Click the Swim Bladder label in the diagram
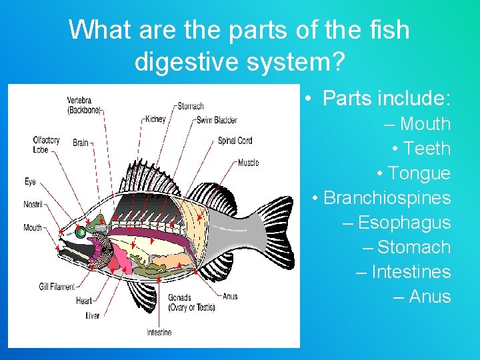[217, 120]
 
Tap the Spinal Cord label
[235, 141]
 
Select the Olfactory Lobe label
[46, 144]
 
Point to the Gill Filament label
[57, 287]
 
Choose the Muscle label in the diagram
[248, 163]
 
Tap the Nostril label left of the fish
[33, 204]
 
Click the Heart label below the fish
[84, 301]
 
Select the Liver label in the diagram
[92, 315]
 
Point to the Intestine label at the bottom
[159, 332]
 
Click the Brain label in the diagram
[80, 143]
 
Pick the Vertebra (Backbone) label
[83, 105]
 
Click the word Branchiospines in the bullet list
[387, 198]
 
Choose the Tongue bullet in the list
[419, 173]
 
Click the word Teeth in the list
[427, 149]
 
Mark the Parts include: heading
[387, 99]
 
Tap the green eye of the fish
[81, 233]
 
